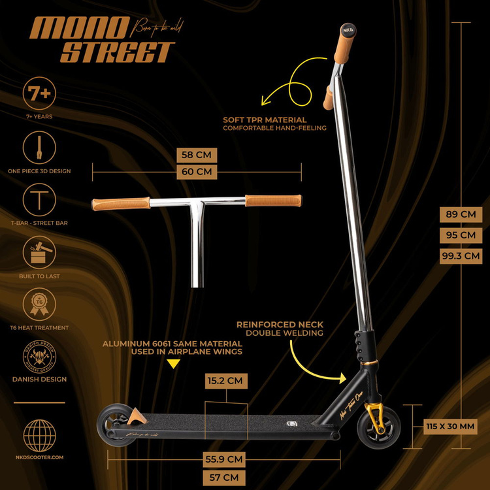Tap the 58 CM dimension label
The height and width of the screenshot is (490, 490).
(197, 155)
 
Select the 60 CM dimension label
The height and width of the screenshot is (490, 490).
(197, 172)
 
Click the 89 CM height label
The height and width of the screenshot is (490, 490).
(461, 214)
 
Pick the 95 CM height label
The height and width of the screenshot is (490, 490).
(461, 235)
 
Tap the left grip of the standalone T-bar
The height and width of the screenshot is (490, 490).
(121, 203)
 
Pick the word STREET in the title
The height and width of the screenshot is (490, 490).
(118, 52)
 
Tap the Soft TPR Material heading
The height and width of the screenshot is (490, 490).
(265, 120)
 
